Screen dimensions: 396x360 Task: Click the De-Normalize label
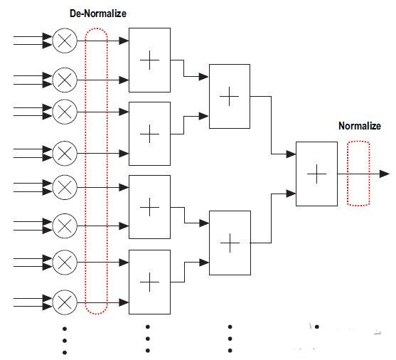pos(98,14)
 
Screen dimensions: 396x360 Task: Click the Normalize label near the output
pos(360,126)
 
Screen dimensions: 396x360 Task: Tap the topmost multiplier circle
pos(65,41)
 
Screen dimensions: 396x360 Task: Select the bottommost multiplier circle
pos(65,302)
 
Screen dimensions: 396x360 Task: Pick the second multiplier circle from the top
pos(65,80)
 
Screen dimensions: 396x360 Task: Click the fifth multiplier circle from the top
pos(65,187)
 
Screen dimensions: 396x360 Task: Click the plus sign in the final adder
pos(316,174)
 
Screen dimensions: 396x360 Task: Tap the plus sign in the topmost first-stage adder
pos(150,60)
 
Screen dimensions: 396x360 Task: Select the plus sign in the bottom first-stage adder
pos(150,282)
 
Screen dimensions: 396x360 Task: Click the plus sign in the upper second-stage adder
pos(230,96)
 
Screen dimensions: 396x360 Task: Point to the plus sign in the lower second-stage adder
pos(230,243)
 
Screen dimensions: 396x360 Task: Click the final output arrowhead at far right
pos(385,174)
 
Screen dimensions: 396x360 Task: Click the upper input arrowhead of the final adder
pos(291,154)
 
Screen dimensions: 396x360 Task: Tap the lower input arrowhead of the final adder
pos(291,194)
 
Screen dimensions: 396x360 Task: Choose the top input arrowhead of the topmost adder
pos(124,41)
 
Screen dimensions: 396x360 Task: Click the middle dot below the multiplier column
pos(65,341)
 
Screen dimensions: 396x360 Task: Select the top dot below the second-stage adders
pos(230,327)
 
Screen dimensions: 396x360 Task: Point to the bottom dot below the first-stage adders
pos(148,351)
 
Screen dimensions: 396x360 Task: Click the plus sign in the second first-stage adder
pos(150,134)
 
